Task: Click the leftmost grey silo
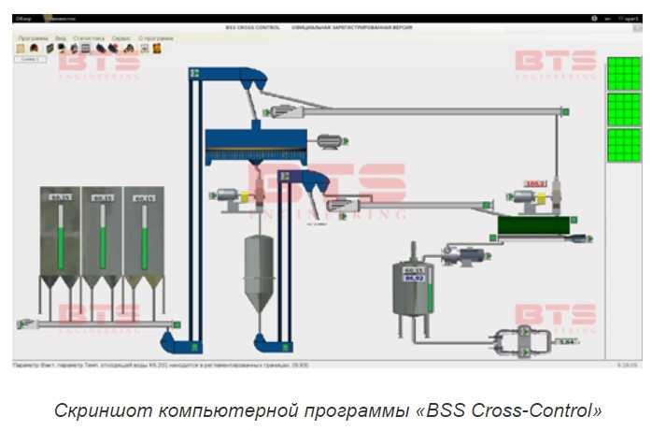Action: point(60,234)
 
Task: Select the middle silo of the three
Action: point(102,234)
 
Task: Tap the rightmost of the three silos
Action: point(143,234)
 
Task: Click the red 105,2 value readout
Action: point(535,183)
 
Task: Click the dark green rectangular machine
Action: point(533,225)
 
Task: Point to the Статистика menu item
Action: point(89,38)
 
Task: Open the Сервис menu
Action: point(121,38)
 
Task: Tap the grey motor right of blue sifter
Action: point(328,141)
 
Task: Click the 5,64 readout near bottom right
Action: point(566,342)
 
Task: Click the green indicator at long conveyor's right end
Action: point(563,111)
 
